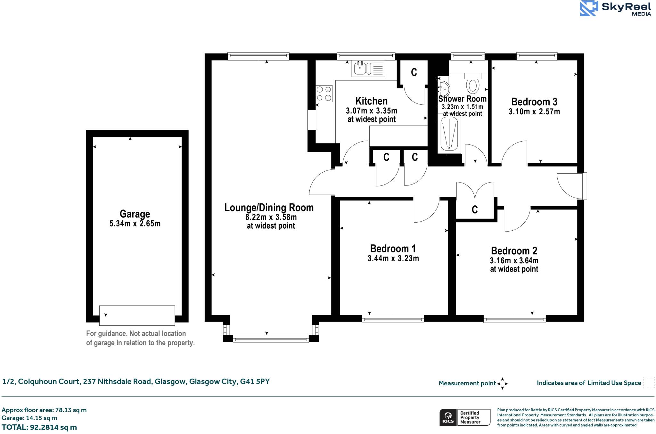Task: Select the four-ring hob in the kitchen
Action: (324, 94)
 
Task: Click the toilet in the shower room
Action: (472, 83)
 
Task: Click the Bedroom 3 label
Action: (534, 102)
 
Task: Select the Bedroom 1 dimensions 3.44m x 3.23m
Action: (393, 258)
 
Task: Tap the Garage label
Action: (135, 214)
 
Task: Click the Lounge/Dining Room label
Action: (269, 208)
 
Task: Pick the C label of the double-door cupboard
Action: (475, 210)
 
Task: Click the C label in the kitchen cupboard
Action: (414, 72)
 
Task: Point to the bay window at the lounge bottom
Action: (271, 338)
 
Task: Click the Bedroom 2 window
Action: (514, 319)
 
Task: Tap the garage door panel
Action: (137, 315)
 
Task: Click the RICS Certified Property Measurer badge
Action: (465, 417)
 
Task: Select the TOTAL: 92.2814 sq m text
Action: (39, 427)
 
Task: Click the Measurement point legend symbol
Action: (502, 383)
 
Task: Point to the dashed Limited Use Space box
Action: (649, 383)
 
